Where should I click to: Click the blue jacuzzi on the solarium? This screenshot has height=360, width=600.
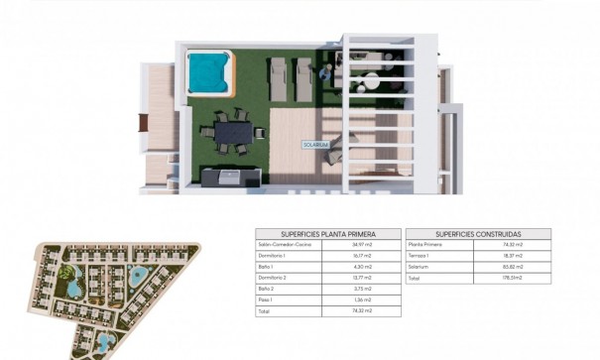point(208,70)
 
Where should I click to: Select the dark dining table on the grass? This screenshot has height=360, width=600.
point(234,130)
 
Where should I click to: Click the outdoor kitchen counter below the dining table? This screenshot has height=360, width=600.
point(229,179)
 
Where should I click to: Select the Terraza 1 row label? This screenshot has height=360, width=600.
point(420,256)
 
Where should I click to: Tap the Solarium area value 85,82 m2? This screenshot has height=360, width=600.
point(512,269)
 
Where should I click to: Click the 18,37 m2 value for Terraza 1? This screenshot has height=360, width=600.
point(512,256)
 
